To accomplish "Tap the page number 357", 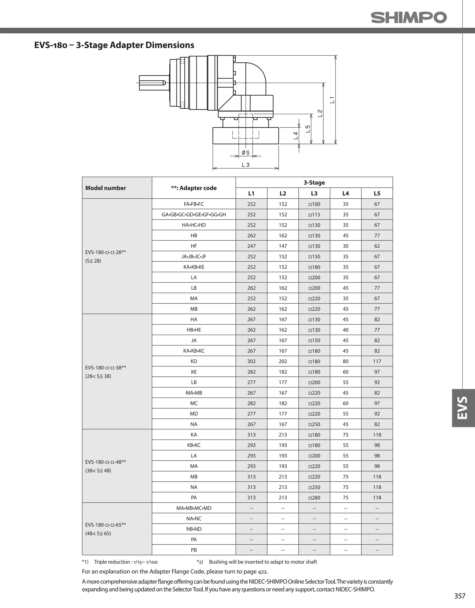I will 460,596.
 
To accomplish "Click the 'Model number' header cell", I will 106,188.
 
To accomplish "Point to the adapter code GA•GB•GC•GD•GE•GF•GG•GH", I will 194,215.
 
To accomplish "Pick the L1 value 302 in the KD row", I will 251,361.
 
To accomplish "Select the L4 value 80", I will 345,361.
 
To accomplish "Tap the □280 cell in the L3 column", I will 314,498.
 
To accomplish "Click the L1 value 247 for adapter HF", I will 251,246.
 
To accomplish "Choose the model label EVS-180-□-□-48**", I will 106,462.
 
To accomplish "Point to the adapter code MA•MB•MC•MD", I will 194,508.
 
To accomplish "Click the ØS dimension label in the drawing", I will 245,152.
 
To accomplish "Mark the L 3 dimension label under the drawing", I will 245,165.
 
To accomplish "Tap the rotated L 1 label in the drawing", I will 332,100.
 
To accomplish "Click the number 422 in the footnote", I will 262,572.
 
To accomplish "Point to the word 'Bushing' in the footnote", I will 217,562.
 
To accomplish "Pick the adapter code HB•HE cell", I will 194,330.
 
